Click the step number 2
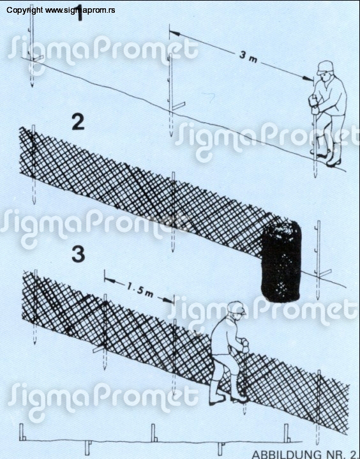[x=78, y=123]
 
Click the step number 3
[x=79, y=254]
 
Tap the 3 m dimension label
[x=248, y=57]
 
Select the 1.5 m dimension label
[x=140, y=290]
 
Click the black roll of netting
[x=280, y=261]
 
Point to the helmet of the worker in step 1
[x=325, y=67]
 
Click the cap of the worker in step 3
[x=237, y=308]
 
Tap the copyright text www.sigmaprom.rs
[x=61, y=10]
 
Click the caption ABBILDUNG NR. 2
[x=305, y=455]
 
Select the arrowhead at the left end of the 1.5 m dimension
[x=110, y=280]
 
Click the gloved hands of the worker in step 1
[x=313, y=105]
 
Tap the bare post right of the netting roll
[x=319, y=260]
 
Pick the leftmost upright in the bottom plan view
[x=22, y=432]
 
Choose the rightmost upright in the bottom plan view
[x=287, y=433]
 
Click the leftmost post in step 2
[x=33, y=165]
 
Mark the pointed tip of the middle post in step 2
[x=173, y=251]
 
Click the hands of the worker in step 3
[x=244, y=345]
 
